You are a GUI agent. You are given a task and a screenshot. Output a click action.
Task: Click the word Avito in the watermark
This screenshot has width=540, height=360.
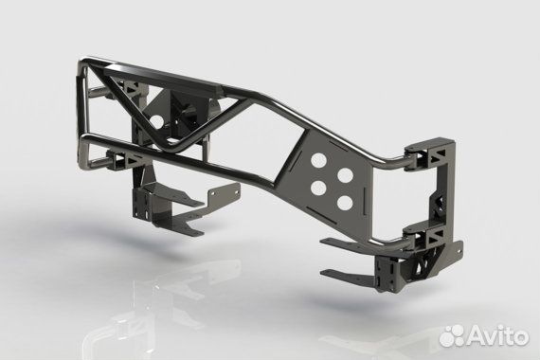[501, 334]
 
